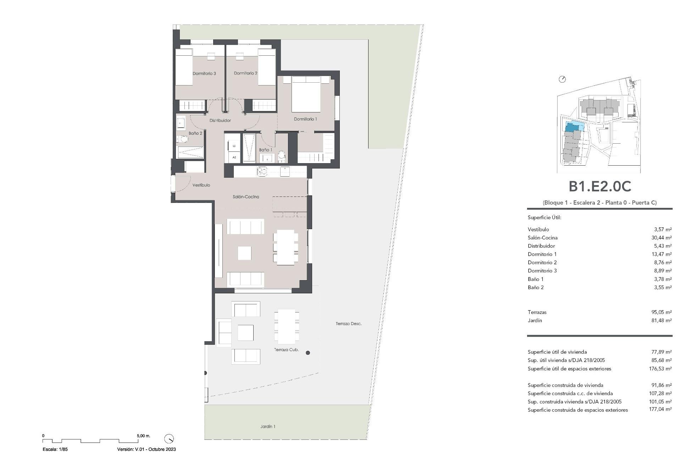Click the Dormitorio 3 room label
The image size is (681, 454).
[x=204, y=73]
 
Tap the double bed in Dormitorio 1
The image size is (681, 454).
[x=306, y=95]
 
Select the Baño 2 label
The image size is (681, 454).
[x=195, y=133]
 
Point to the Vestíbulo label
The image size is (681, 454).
[x=201, y=185]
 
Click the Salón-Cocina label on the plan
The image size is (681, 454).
[x=246, y=196]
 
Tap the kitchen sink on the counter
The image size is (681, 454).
[x=262, y=171]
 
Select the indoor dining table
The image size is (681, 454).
[x=286, y=247]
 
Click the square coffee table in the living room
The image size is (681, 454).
[x=244, y=253]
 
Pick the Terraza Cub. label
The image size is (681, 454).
[x=286, y=350]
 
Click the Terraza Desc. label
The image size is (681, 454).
[x=349, y=323]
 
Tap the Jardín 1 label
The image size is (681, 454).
[x=267, y=426]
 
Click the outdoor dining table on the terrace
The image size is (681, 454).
[x=286, y=327]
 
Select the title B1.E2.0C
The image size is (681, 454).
[x=600, y=187]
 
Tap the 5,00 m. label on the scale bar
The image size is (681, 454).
[x=144, y=436]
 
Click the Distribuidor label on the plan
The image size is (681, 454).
[x=220, y=121]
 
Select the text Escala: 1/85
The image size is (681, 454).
[x=55, y=449]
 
